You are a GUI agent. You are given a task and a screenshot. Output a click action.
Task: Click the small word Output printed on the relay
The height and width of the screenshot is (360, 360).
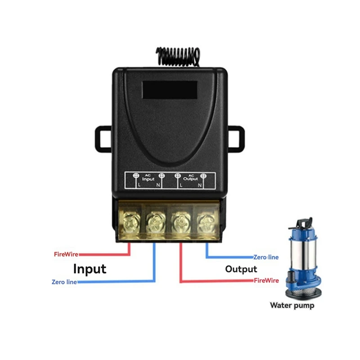click(191, 179)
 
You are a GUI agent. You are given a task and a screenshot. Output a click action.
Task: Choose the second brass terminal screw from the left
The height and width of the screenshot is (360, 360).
click(155, 222)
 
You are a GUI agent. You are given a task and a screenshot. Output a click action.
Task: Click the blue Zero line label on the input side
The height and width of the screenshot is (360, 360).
click(64, 282)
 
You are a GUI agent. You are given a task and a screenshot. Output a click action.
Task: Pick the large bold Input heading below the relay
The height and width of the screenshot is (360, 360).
click(90, 269)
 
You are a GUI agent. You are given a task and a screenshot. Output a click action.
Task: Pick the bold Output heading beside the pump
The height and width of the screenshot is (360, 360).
click(241, 269)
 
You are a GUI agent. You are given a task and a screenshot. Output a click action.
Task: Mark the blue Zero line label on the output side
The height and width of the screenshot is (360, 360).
click(266, 257)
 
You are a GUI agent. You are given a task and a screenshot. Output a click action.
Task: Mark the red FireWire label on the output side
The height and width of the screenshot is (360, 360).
click(266, 280)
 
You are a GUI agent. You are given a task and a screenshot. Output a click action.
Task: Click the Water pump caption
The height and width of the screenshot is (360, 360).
click(292, 306)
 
